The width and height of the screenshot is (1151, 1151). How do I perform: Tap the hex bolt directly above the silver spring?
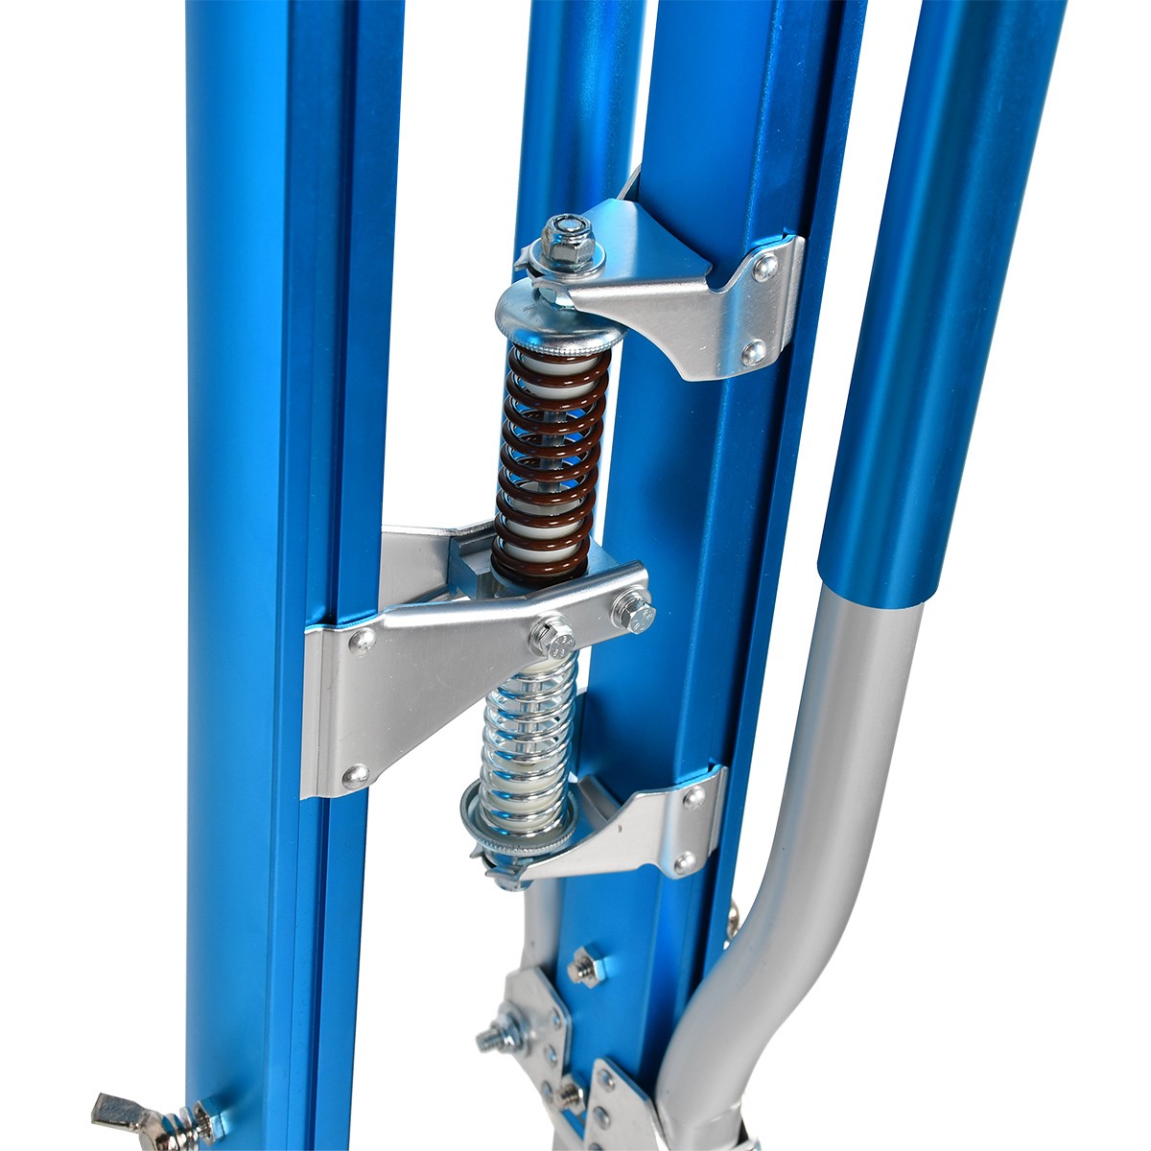coord(553,635)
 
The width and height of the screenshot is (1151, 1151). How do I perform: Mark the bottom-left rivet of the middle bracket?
coord(356,772)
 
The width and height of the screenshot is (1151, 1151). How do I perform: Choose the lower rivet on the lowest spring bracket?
coord(684,860)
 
